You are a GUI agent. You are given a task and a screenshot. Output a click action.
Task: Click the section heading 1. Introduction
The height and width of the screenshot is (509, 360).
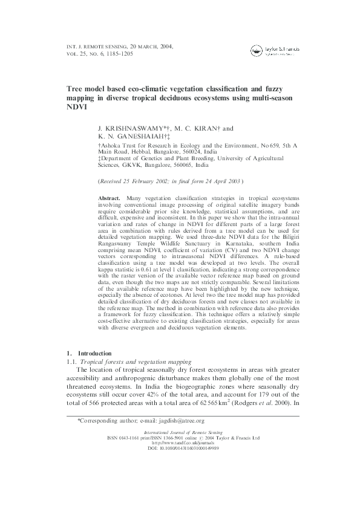[88, 353]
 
